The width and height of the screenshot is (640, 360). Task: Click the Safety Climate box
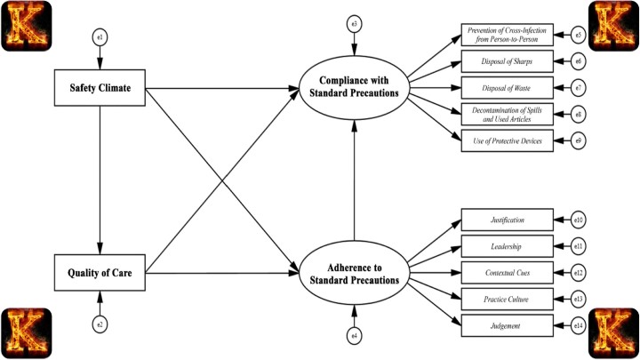coord(100,87)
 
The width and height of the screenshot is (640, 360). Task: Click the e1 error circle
coord(100,37)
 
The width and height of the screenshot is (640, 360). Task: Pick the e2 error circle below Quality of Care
coord(100,324)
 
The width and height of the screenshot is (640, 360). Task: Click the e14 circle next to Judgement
coord(578,325)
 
